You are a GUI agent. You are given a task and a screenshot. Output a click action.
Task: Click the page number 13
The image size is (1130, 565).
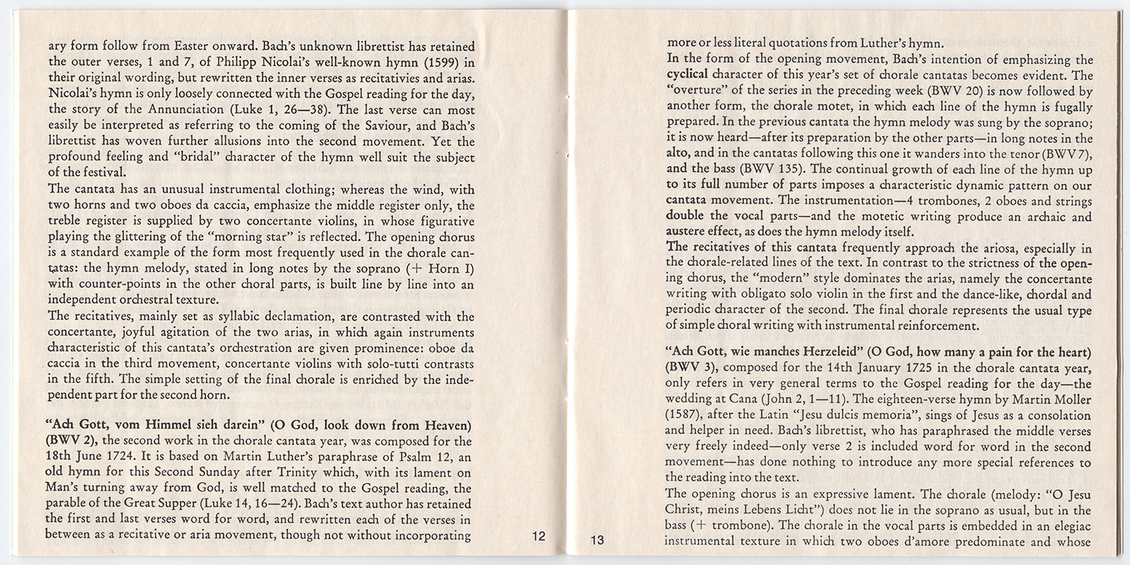pyautogui.click(x=597, y=541)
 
